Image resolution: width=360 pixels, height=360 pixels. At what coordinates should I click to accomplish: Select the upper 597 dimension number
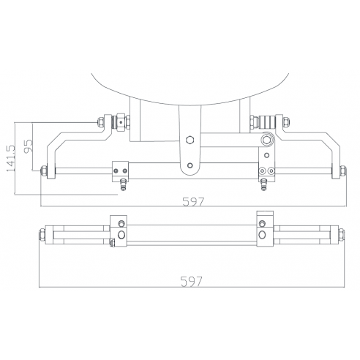click(x=192, y=202)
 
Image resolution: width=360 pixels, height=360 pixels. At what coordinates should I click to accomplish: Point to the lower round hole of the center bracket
click(x=190, y=165)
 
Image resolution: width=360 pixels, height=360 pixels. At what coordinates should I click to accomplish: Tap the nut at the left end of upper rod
click(x=45, y=173)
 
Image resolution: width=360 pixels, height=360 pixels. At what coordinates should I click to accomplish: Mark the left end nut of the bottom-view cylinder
click(x=42, y=235)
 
